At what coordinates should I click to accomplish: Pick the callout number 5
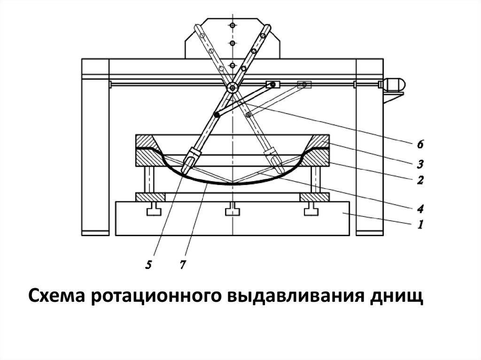(148, 265)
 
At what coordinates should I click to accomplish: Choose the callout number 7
(182, 265)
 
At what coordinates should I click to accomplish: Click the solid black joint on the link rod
(217, 115)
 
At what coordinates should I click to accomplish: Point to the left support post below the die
(150, 179)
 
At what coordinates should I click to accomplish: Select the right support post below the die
(315, 179)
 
